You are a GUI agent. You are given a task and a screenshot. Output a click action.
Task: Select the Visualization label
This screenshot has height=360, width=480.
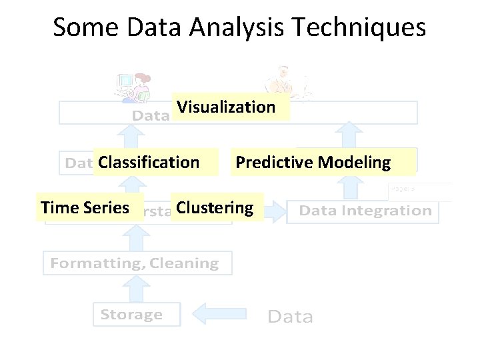click(x=226, y=107)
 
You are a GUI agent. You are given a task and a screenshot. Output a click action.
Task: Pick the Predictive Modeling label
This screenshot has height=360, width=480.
click(x=313, y=162)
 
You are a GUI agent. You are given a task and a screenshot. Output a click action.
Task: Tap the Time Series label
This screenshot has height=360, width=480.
click(x=84, y=208)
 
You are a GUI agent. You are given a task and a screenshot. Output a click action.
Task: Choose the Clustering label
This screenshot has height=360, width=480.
click(x=215, y=208)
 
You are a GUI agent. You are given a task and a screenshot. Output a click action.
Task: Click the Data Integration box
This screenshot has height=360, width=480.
click(x=365, y=211)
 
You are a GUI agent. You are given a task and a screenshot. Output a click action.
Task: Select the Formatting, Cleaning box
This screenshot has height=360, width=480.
click(x=135, y=263)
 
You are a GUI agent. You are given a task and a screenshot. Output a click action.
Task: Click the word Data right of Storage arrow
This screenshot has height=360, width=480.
click(x=290, y=316)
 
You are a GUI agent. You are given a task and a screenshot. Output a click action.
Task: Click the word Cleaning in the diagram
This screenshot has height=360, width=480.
click(x=184, y=263)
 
